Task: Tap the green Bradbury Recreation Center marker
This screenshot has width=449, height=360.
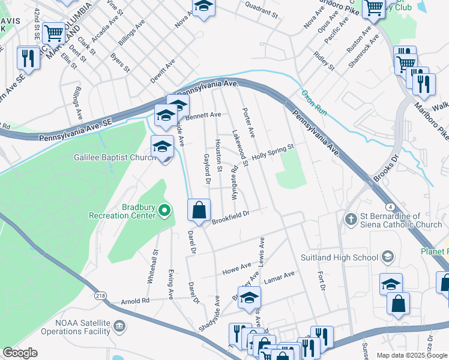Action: click(164, 211)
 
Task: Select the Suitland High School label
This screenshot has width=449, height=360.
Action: click(344, 257)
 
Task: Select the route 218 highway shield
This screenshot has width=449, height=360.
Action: click(100, 295)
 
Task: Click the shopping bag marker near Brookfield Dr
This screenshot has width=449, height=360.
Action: click(199, 211)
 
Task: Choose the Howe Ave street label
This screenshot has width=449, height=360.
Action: click(237, 268)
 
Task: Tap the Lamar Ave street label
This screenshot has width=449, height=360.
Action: click(280, 277)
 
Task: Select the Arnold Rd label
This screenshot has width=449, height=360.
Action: click(135, 301)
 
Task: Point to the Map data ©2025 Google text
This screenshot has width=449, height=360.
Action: click(411, 355)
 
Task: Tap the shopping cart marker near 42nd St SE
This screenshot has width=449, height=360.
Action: click(54, 33)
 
